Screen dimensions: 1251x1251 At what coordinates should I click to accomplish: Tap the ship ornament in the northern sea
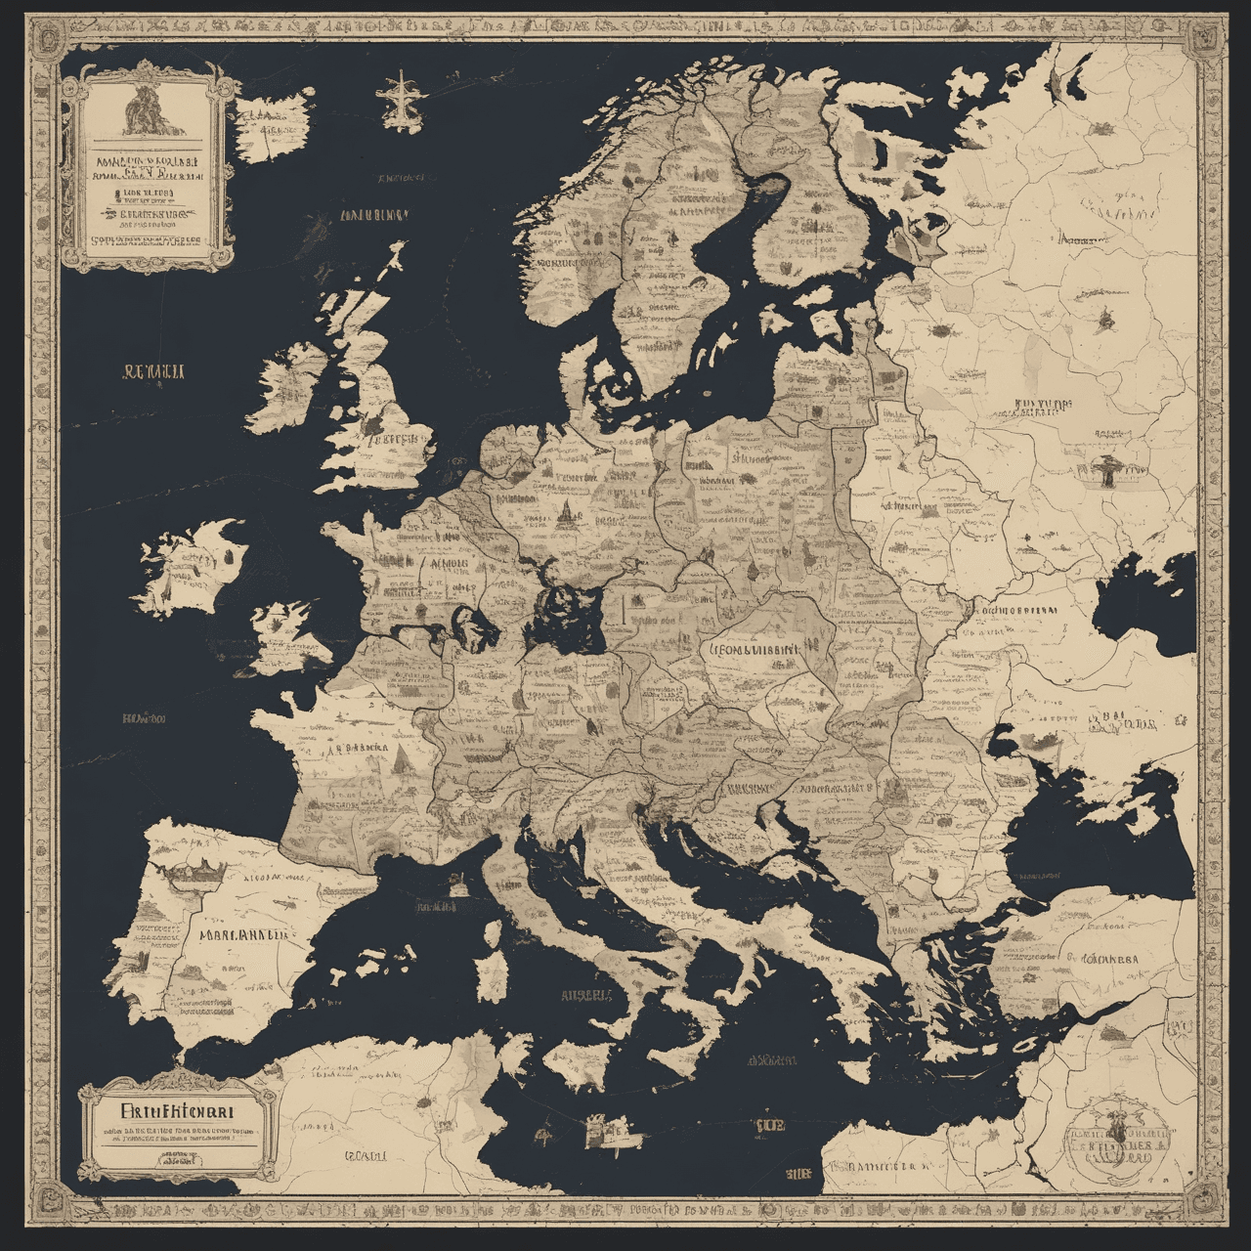tap(402, 99)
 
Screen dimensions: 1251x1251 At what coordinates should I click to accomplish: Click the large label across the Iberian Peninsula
tap(244, 932)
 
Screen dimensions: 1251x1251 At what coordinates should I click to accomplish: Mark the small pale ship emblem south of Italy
tap(606, 1132)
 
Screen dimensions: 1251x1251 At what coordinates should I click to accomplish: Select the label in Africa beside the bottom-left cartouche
tap(363, 1156)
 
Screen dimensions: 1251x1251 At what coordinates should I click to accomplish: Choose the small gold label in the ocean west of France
tap(144, 719)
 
